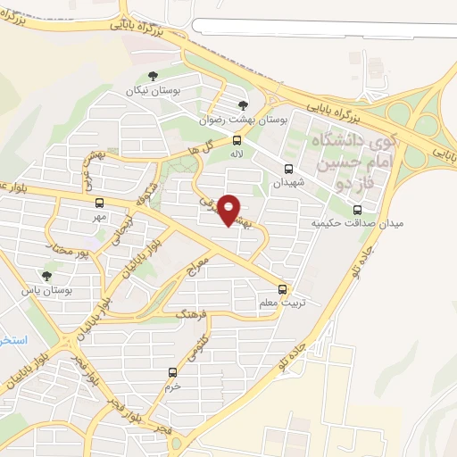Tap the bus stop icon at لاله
237,141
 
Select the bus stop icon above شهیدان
287,169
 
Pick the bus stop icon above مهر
98,203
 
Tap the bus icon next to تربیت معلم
283,289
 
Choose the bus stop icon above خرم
173,371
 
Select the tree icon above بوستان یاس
46,277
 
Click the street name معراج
198,269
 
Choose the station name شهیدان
288,182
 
